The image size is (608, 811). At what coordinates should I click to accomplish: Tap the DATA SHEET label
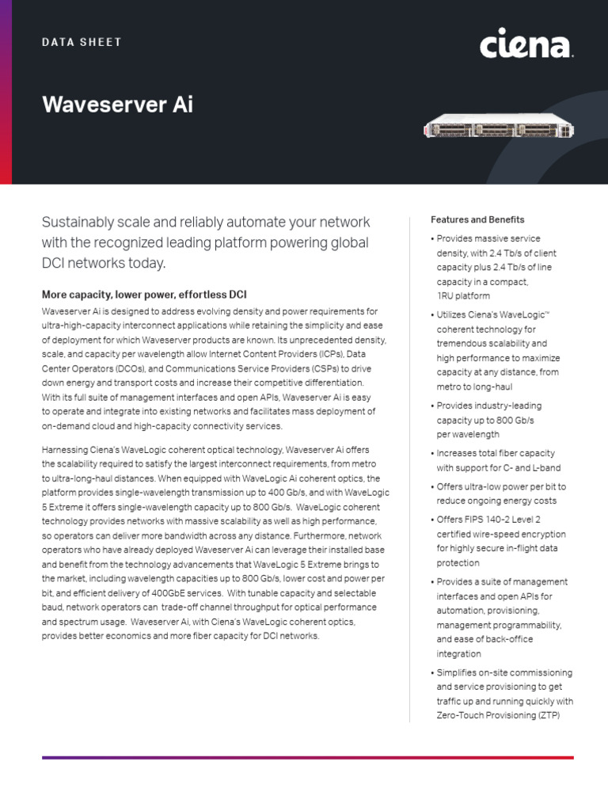point(82,42)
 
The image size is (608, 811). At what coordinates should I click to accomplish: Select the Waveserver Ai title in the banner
point(117,105)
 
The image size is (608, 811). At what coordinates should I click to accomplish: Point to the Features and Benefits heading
point(477,219)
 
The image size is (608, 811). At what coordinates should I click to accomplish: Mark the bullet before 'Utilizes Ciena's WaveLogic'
point(432,315)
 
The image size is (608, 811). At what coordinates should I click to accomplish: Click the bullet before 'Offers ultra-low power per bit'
point(432,486)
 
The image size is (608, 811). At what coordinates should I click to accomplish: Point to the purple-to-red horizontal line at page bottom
point(307,758)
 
